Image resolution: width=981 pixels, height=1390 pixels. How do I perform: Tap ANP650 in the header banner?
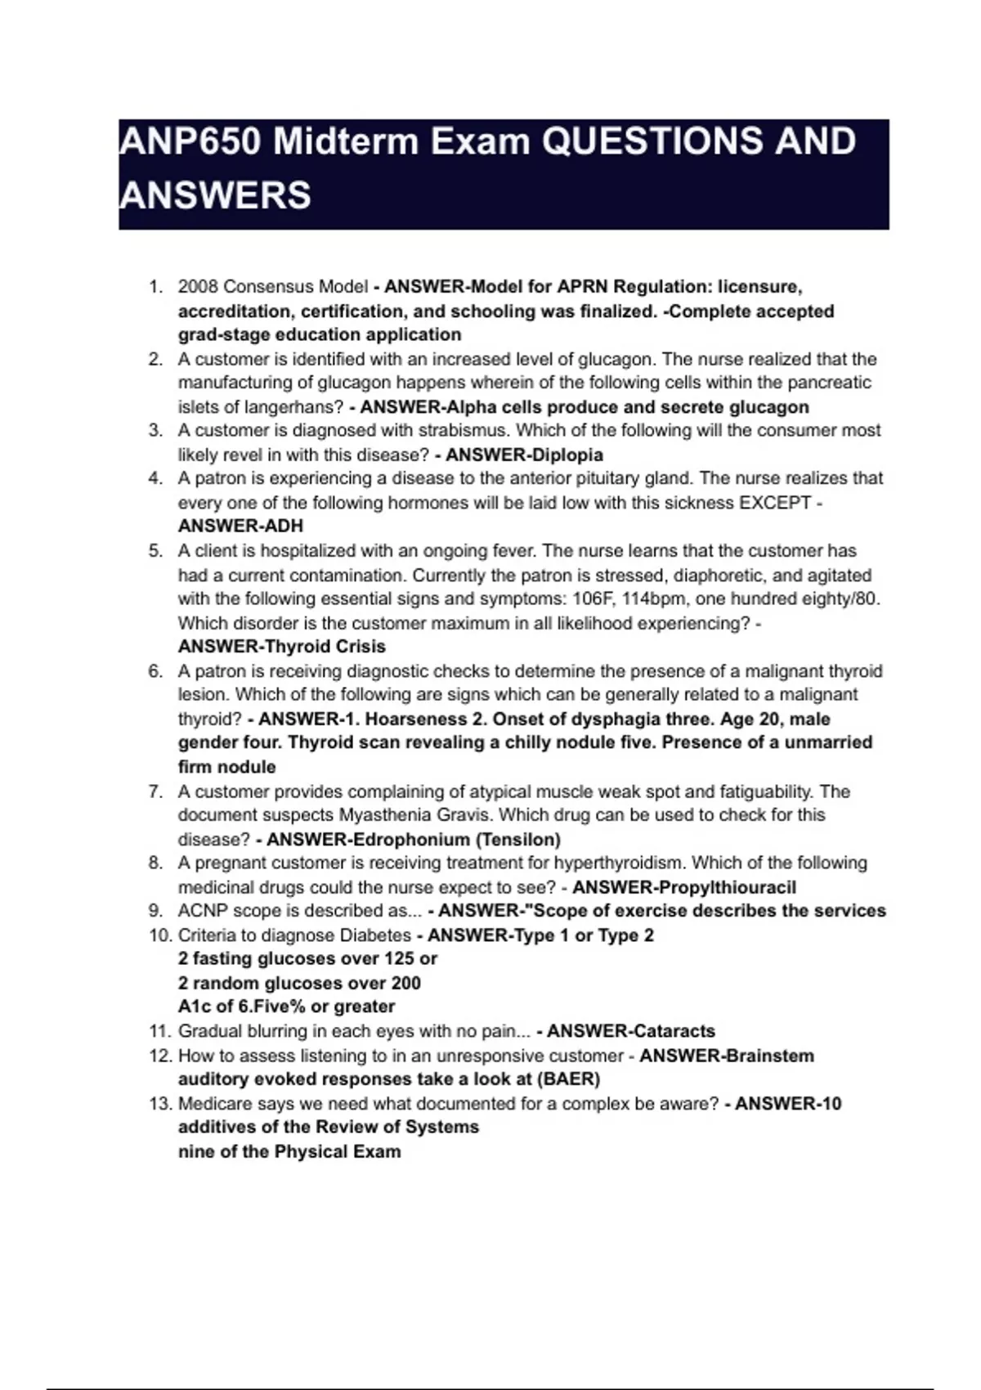(190, 142)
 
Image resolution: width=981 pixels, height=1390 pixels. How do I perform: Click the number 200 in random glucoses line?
(405, 984)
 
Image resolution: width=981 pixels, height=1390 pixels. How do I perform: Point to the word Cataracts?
(674, 1032)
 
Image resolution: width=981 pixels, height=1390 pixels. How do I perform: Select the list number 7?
(155, 791)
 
